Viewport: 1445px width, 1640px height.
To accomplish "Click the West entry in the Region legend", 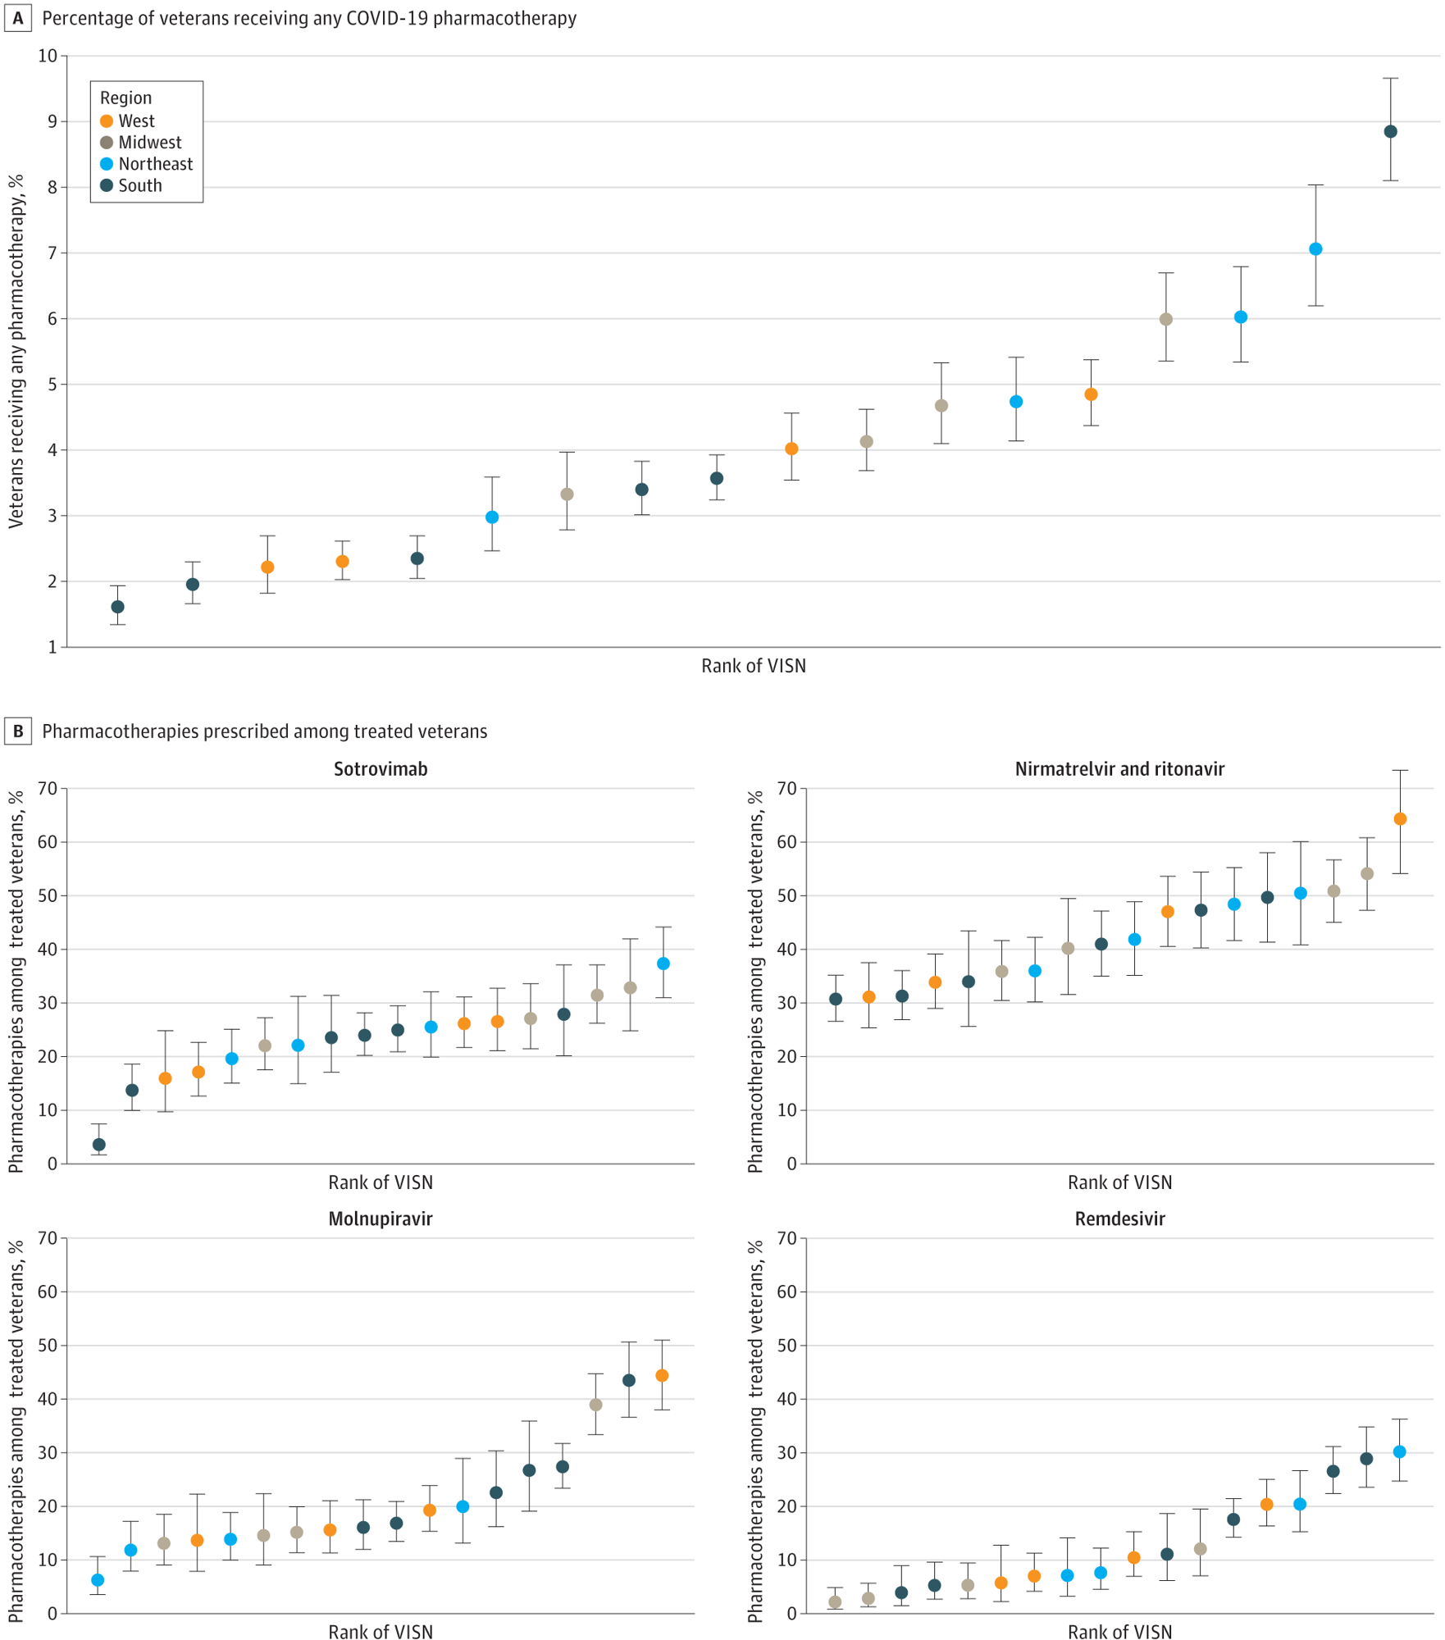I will click(x=135, y=121).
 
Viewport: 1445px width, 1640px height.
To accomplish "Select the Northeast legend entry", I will click(x=154, y=164).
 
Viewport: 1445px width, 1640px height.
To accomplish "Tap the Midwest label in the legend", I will click(x=149, y=143).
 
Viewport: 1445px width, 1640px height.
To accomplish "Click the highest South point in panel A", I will click(x=1390, y=132).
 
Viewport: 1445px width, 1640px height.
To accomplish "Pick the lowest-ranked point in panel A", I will click(x=118, y=607).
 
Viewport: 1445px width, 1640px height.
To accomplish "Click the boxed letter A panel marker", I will click(x=18, y=18).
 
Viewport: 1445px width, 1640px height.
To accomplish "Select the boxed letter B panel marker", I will click(x=18, y=731).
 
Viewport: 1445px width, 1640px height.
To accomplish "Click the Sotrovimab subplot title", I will click(x=381, y=769).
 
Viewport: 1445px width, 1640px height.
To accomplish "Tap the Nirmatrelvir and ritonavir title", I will click(x=1119, y=769).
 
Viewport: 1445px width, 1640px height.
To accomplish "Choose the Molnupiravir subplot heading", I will click(x=381, y=1219).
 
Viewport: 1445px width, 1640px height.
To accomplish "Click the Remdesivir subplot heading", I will click(x=1119, y=1219).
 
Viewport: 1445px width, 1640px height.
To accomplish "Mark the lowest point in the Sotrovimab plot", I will click(x=99, y=1145).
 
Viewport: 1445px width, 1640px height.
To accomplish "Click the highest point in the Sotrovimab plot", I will click(x=663, y=963).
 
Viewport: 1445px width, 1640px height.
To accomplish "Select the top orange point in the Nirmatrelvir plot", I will click(x=1400, y=819).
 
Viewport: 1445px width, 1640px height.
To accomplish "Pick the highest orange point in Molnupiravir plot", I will click(x=662, y=1375).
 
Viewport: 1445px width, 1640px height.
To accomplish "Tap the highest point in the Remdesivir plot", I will click(x=1399, y=1451).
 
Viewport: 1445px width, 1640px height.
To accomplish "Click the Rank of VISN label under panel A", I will click(x=753, y=666).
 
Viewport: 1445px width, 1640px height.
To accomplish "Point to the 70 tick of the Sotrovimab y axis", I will click(x=48, y=789).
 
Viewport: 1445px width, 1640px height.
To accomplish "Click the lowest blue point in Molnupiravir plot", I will click(x=98, y=1580).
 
